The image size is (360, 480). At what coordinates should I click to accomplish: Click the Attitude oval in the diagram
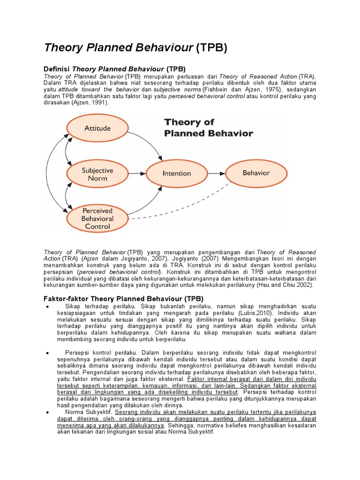click(97, 128)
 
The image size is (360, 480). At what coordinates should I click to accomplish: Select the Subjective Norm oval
click(97, 174)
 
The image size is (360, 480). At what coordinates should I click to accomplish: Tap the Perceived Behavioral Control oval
click(97, 218)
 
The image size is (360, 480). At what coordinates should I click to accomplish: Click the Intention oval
click(177, 173)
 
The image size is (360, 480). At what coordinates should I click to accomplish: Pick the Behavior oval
click(256, 173)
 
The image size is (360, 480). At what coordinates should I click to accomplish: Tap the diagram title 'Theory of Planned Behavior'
click(208, 127)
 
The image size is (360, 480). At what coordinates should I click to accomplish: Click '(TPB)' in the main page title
click(211, 48)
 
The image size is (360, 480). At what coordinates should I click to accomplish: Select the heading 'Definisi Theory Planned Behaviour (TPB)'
click(115, 68)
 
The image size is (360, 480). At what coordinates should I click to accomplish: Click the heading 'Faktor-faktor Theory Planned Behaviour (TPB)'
click(123, 298)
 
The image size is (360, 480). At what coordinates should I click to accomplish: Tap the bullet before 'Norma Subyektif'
click(49, 412)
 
